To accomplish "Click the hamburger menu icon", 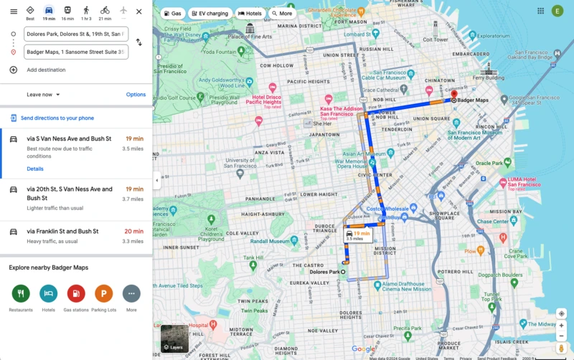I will click(x=14, y=11).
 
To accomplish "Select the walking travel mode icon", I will click(x=86, y=11).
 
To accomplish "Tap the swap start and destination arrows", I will click(x=138, y=42).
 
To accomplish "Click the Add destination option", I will click(x=46, y=70).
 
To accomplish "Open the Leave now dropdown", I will click(x=44, y=95).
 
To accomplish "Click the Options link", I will click(x=136, y=95).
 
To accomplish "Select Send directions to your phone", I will click(x=57, y=118).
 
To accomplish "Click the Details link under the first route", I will click(x=35, y=169).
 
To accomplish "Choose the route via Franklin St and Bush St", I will click(x=62, y=232).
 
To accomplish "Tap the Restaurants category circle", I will click(x=21, y=293).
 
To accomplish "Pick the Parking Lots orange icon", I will click(x=103, y=293).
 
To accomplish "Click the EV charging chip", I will click(x=210, y=14).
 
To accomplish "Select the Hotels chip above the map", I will click(x=250, y=14).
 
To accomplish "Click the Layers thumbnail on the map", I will click(x=174, y=338).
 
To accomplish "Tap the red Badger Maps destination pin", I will click(x=453, y=95).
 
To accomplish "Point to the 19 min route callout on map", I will click(x=357, y=235).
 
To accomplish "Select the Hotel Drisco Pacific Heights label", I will click(x=266, y=100).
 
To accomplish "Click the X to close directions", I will click(x=138, y=11).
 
